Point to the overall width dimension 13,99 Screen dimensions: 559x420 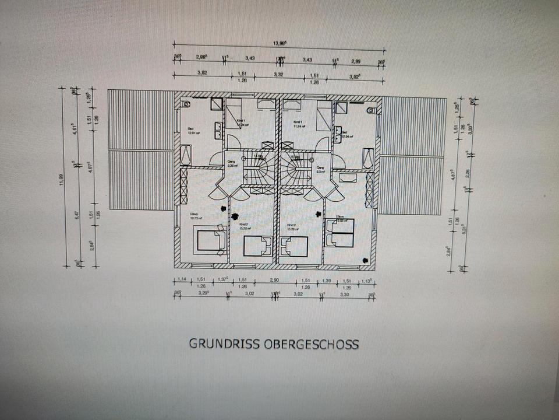[280, 43]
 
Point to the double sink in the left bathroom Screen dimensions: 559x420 [217, 129]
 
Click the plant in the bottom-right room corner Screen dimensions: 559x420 [364, 259]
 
